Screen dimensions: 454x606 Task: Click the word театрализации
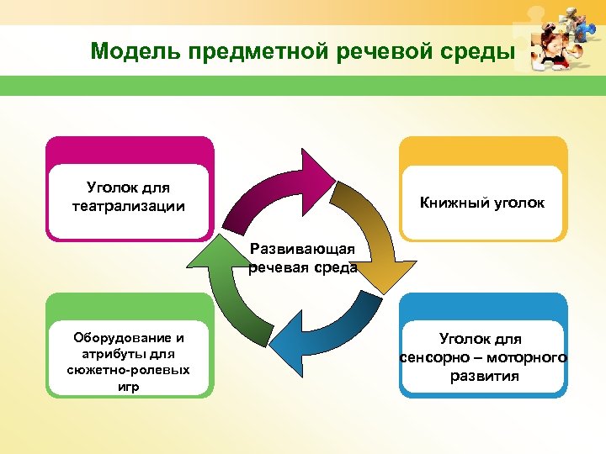point(129,206)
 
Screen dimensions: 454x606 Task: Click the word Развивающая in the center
point(303,250)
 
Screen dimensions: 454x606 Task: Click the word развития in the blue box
point(484,376)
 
